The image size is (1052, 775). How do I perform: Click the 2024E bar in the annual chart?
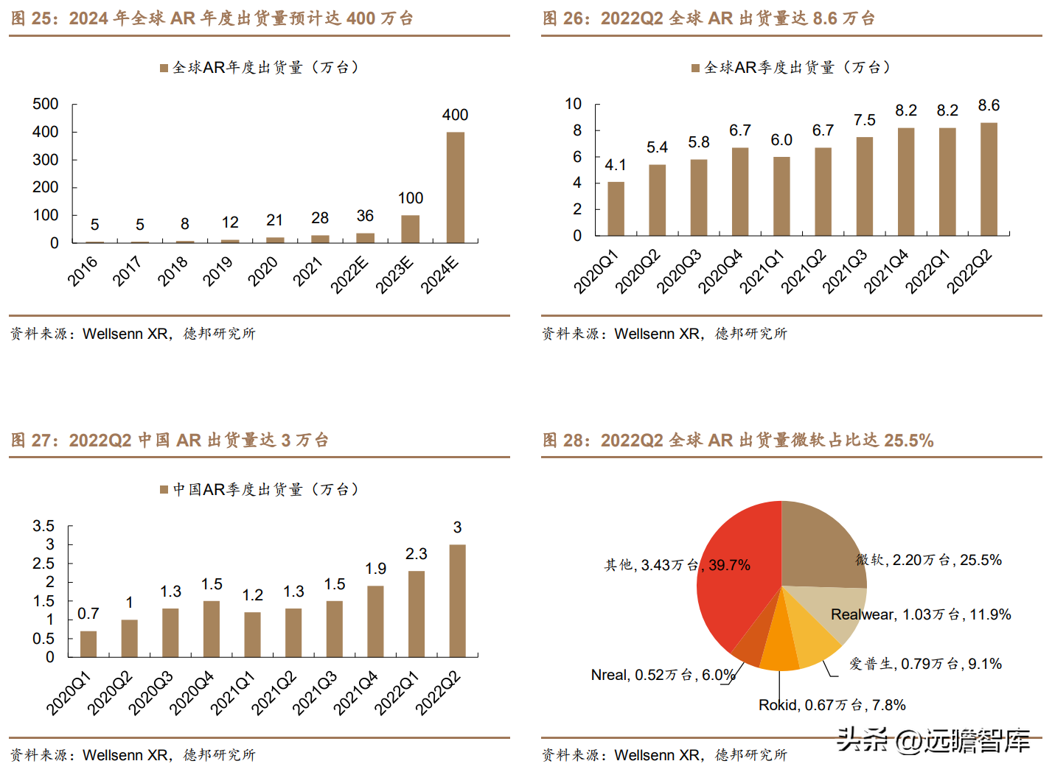[x=455, y=187]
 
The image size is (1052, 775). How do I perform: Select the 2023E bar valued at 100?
[x=410, y=228]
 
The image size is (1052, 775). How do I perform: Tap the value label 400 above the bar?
[x=455, y=115]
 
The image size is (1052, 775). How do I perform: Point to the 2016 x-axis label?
[x=83, y=270]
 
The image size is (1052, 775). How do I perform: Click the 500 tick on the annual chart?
[x=46, y=104]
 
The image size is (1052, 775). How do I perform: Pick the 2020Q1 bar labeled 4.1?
[x=616, y=208]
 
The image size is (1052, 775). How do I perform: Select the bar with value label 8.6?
[x=989, y=179]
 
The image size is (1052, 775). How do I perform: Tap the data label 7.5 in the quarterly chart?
[x=864, y=120]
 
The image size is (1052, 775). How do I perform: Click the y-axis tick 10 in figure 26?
[x=574, y=104]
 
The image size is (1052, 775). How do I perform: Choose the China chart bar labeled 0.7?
[x=88, y=643]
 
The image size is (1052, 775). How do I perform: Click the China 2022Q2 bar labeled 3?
[x=457, y=600]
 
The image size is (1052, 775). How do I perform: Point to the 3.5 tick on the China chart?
[x=43, y=526]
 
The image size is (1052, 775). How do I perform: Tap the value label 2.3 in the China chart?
[x=417, y=554]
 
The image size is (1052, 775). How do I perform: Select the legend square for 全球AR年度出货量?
[x=164, y=69]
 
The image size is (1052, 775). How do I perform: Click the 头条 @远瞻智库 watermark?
[x=933, y=740]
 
